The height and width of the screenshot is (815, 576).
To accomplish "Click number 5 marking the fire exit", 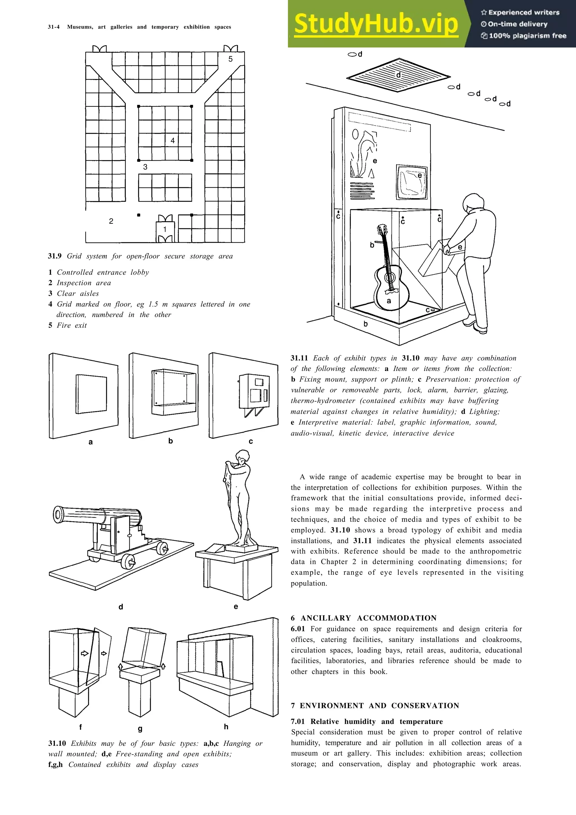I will pyautogui.click(x=230, y=59).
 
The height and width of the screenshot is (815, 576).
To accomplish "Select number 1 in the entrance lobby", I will pyautogui.click(x=165, y=229).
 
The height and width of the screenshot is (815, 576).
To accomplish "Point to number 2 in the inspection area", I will pyautogui.click(x=111, y=221).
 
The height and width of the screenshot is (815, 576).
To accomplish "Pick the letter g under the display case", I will pyautogui.click(x=140, y=729).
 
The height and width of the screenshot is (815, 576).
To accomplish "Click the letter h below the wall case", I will pyautogui.click(x=226, y=727).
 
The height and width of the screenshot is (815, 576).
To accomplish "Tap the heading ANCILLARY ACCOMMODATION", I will pyautogui.click(x=368, y=618).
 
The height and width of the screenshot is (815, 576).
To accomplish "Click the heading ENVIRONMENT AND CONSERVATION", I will pyautogui.click(x=379, y=706).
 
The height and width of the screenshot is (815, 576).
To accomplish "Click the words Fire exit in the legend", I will pyautogui.click(x=72, y=325).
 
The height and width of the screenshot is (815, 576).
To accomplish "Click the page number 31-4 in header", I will pyautogui.click(x=54, y=27).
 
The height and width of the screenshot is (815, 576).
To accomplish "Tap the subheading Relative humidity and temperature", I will pyautogui.click(x=376, y=722).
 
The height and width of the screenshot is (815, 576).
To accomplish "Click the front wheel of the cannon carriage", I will pyautogui.click(x=128, y=561).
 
